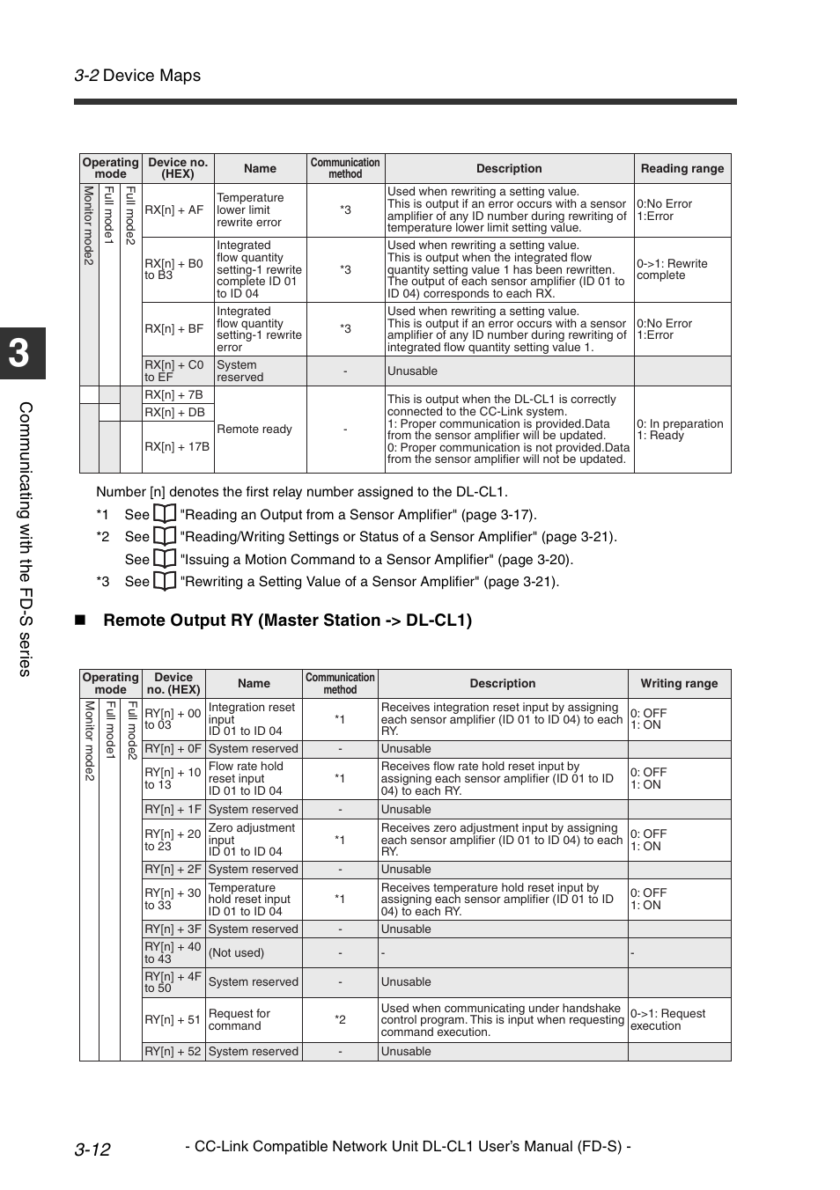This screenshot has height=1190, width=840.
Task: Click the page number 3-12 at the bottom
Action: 92,1149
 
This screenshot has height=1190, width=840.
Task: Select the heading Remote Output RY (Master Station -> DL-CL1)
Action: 287,621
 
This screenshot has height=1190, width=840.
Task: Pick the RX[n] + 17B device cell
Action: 177,447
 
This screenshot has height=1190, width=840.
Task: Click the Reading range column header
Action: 682,169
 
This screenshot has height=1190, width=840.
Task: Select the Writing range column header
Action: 678,684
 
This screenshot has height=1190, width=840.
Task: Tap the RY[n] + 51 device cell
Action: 173,1020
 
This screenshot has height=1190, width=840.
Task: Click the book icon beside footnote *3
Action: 165,581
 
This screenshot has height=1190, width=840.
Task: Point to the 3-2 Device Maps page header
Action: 137,76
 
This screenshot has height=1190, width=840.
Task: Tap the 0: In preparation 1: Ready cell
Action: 682,430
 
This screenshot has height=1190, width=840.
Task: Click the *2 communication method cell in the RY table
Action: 340,1020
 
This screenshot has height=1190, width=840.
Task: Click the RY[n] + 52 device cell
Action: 173,1052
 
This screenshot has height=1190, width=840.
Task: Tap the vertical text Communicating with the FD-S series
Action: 25,539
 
